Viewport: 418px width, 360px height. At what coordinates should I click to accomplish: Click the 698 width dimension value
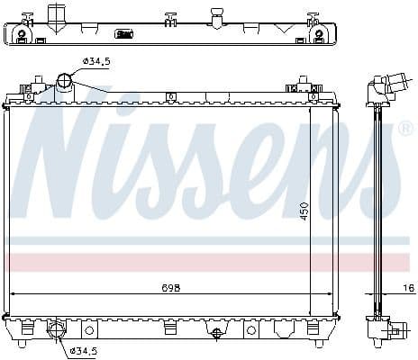tap(171, 288)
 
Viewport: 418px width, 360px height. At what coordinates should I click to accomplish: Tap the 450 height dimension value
tap(304, 211)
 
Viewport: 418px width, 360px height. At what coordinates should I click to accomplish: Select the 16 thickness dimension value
tap(409, 288)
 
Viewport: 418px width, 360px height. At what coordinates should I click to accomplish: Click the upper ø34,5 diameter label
tap(96, 61)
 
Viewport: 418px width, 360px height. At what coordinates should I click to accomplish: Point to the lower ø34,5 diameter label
tap(84, 350)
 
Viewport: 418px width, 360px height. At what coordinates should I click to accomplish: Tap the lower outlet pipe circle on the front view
tap(57, 328)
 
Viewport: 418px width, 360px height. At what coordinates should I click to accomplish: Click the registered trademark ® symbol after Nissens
tap(404, 129)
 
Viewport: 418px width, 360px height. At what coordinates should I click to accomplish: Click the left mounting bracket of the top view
tap(23, 34)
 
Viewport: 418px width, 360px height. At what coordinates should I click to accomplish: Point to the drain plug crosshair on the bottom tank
tap(216, 334)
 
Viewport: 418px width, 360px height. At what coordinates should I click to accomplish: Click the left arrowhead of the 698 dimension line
tap(14, 293)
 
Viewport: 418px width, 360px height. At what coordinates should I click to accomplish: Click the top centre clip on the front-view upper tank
tap(171, 96)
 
